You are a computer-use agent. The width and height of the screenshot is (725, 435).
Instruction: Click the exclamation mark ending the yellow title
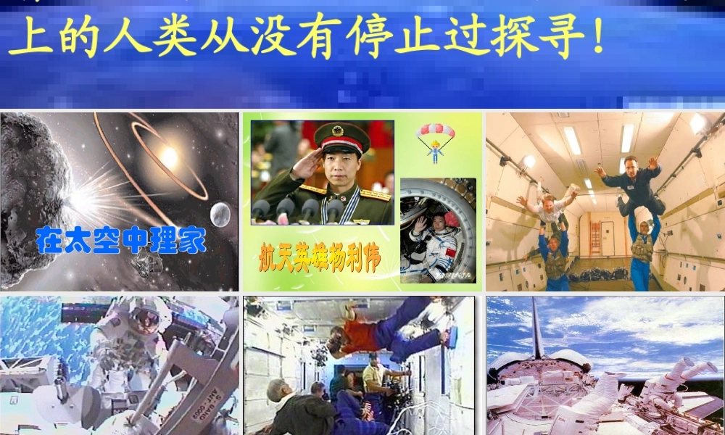click(597, 36)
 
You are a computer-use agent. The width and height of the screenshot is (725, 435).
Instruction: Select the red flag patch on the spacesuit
click(447, 252)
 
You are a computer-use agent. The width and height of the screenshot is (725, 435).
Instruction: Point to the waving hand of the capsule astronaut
click(419, 225)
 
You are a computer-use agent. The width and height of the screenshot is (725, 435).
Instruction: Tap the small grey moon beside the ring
click(220, 213)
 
